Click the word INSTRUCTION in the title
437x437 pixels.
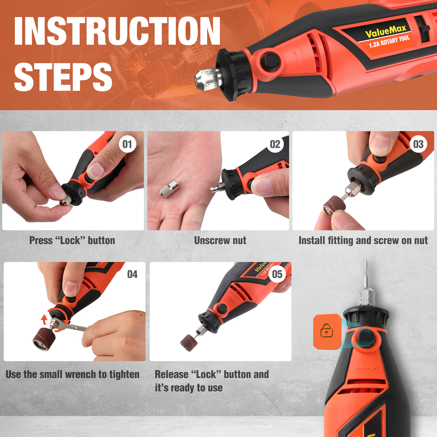click(x=117, y=31)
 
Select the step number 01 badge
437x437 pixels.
click(x=127, y=144)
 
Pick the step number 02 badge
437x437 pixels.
click(x=275, y=144)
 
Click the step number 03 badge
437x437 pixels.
click(x=418, y=144)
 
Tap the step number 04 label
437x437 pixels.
click(x=132, y=274)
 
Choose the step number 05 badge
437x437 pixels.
click(x=277, y=274)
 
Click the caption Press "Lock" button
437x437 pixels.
click(x=72, y=241)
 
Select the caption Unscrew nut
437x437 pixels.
click(x=220, y=241)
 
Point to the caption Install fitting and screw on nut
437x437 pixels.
click(x=363, y=241)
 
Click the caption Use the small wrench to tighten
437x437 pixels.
click(x=73, y=374)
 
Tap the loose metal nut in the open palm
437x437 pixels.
click(x=169, y=189)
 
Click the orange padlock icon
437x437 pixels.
click(x=327, y=331)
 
